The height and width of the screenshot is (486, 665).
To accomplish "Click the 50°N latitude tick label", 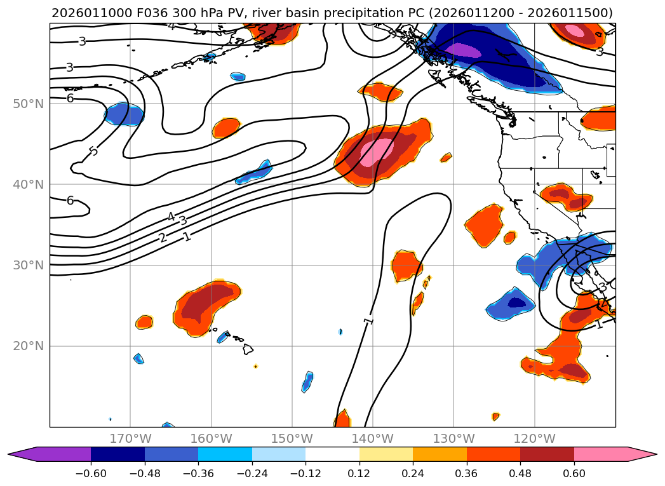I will tap(28, 104).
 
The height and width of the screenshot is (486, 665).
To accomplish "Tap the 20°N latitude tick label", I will tap(28, 346).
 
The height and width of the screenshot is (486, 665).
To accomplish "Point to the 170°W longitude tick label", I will tap(130, 438).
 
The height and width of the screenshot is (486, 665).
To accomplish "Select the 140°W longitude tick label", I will tap(373, 438).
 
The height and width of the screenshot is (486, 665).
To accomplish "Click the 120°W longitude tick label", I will tap(534, 438).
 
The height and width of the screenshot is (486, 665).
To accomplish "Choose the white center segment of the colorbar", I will tap(332, 454).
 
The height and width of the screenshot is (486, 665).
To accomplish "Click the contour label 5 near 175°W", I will tap(93, 151).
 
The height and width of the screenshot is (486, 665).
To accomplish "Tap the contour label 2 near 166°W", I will tap(163, 238).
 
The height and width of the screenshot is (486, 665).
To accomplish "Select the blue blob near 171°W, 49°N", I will tap(124, 114).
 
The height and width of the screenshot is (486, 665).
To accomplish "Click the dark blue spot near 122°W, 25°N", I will tap(516, 302).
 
